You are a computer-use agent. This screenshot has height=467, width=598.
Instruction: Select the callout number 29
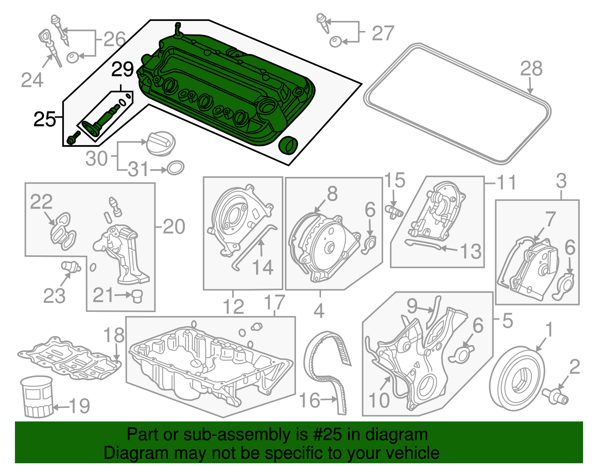click(123, 70)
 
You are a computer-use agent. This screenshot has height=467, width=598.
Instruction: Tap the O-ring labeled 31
click(175, 168)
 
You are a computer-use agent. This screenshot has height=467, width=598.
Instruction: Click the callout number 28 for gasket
click(531, 69)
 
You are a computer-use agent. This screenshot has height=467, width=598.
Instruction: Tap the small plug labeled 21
click(137, 296)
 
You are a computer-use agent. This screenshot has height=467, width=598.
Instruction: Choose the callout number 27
click(383, 33)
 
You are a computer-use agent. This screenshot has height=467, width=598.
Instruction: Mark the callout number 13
click(471, 251)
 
